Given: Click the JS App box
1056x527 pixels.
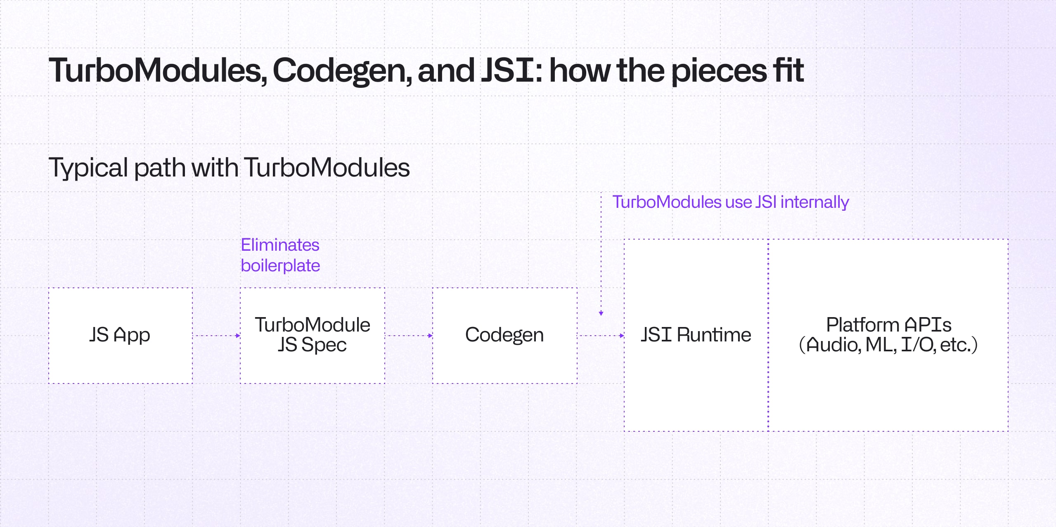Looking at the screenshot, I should pyautogui.click(x=120, y=335).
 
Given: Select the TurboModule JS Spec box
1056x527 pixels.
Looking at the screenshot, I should pyautogui.click(x=313, y=335).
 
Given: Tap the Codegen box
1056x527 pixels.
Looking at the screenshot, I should pyautogui.click(x=504, y=335).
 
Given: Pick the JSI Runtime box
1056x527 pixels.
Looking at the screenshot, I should pyautogui.click(x=696, y=335).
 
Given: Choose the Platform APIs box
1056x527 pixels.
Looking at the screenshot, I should pyautogui.click(x=888, y=335).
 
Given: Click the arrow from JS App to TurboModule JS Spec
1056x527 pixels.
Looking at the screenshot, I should pyautogui.click(x=217, y=336).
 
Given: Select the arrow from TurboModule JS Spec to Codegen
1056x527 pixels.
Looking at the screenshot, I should pyautogui.click(x=409, y=336).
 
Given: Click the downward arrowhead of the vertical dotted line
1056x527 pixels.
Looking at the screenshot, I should pyautogui.click(x=601, y=313).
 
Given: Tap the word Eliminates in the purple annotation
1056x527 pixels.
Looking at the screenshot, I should pyautogui.click(x=280, y=245).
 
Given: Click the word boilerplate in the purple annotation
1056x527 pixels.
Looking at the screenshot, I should pyautogui.click(x=280, y=266).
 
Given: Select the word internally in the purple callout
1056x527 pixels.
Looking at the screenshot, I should pyautogui.click(x=814, y=202).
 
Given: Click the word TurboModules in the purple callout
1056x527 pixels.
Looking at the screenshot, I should pyautogui.click(x=667, y=202).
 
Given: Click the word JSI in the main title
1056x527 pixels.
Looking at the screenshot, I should pyautogui.click(x=509, y=70).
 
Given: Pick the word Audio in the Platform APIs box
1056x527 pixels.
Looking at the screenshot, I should pyautogui.click(x=833, y=345).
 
